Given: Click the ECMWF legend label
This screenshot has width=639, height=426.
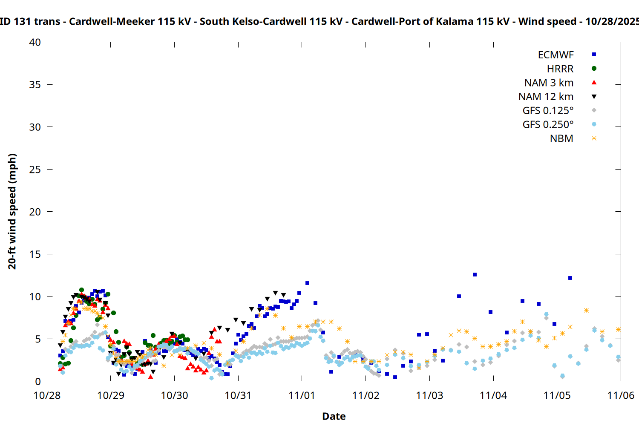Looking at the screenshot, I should pyautogui.click(x=556, y=55).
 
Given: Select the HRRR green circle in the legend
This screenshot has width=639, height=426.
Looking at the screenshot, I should pyautogui.click(x=594, y=69).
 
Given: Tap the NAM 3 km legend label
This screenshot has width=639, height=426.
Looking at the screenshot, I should pyautogui.click(x=549, y=83).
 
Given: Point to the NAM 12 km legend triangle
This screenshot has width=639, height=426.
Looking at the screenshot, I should pyautogui.click(x=594, y=97).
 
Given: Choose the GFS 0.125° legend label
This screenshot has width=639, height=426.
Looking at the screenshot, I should pyautogui.click(x=548, y=111).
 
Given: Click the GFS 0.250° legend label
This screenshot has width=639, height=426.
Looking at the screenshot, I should pyautogui.click(x=548, y=125).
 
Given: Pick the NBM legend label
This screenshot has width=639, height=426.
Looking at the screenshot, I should pyautogui.click(x=561, y=139).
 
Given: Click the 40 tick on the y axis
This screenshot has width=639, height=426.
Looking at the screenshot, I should pyautogui.click(x=35, y=43).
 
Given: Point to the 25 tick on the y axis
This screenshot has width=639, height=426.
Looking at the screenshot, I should pyautogui.click(x=35, y=170).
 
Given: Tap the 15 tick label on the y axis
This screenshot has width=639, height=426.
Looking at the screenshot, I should pyautogui.click(x=35, y=254).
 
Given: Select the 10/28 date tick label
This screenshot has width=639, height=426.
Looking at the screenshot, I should pyautogui.click(x=47, y=396).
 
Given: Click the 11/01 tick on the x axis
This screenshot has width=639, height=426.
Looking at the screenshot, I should pyautogui.click(x=302, y=396).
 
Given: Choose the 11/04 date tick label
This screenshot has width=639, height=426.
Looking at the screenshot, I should pyautogui.click(x=493, y=396).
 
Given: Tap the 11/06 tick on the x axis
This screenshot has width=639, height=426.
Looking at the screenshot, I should pyautogui.click(x=620, y=396).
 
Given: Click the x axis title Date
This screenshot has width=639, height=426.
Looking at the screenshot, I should pyautogui.click(x=334, y=416).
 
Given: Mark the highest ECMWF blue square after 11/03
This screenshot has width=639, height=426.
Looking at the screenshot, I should pyautogui.click(x=475, y=275).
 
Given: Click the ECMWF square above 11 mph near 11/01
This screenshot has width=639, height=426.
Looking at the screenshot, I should pyautogui.click(x=307, y=283).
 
